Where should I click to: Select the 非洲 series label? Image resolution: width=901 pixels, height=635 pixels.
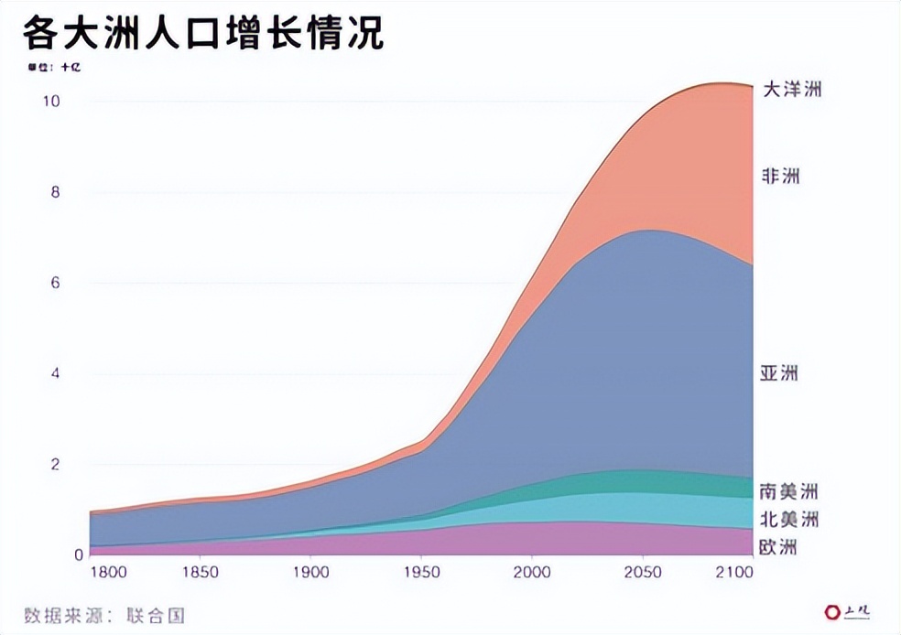coord(780,176)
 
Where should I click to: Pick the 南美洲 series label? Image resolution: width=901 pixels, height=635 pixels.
coord(788,490)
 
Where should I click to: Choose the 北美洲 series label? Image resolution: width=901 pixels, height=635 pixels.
coord(788,520)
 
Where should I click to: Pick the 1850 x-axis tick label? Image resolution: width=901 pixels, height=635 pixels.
coord(201,574)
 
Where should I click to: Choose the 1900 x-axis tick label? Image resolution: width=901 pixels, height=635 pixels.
coord(310,574)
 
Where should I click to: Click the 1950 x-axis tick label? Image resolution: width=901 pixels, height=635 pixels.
coord(420,574)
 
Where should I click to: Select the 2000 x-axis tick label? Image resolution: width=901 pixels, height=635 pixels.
coord(531,574)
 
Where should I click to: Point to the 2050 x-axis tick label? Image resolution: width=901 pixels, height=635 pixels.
coord(641,574)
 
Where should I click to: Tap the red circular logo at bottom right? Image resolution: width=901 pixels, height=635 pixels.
coord(831,611)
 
